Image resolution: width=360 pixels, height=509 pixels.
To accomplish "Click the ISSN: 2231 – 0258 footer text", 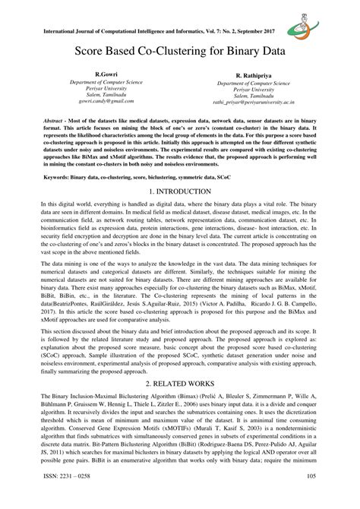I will (71, 498).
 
